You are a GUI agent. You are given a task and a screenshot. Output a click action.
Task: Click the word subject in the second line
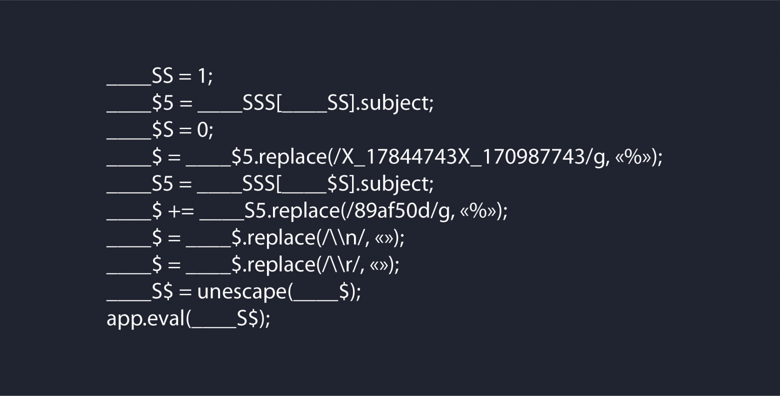(394, 104)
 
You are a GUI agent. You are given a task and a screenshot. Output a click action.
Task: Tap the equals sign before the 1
(185, 77)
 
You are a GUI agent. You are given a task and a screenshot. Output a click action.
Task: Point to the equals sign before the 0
(185, 131)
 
